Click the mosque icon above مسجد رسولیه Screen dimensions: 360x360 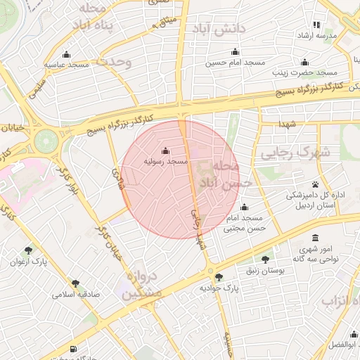coord(165,150)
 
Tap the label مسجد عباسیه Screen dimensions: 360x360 coord(67,65)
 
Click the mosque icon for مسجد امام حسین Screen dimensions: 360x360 coord(235,52)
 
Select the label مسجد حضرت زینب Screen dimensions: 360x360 coord(307,72)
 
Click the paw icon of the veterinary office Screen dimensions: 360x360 coord(315,184)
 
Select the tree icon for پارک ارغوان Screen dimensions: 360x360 coord(28,250)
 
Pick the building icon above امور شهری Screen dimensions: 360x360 coord(314,238)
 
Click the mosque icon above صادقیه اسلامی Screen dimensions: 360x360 coord(75,283)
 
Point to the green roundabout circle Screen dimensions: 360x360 coord(47,139)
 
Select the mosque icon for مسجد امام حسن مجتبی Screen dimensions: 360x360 coord(244,207)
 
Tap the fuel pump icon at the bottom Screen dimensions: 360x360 coord(74,349)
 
